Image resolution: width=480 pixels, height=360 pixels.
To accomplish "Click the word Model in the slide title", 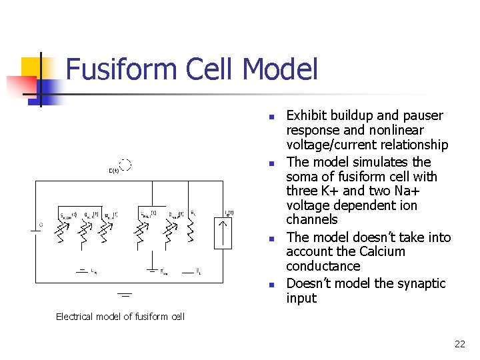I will [x=280, y=70].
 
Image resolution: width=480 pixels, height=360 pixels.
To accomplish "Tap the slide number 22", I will [x=459, y=344].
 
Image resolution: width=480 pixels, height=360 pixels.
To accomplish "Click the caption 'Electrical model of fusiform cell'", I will [x=120, y=317].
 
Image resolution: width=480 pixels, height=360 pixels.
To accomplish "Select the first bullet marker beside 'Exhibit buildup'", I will [x=271, y=117].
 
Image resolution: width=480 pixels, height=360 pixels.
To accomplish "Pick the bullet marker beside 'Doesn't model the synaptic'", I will [x=271, y=285].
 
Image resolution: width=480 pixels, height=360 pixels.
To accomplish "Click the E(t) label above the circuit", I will [x=114, y=171].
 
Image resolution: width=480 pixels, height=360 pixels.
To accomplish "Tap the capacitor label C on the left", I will [x=41, y=225].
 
